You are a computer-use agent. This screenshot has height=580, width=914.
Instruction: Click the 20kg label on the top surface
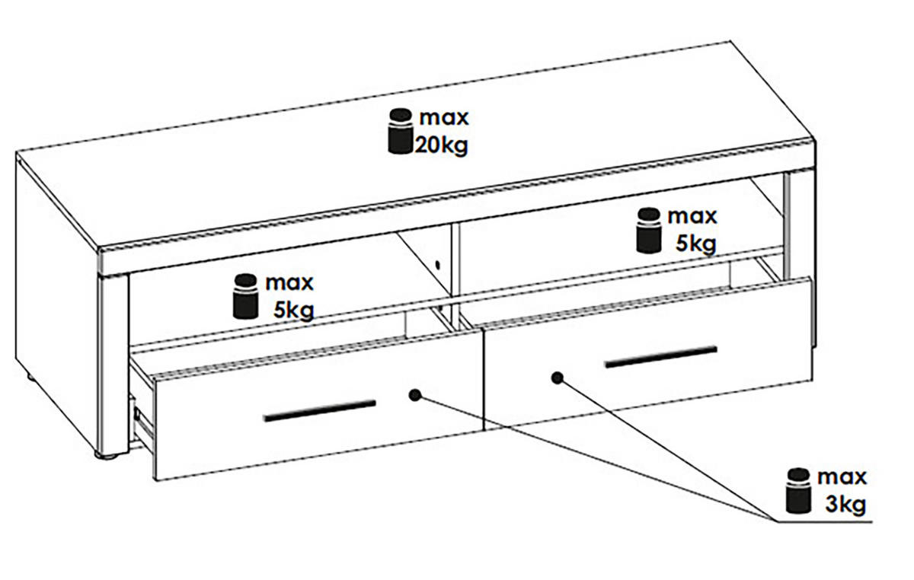(x=442, y=145)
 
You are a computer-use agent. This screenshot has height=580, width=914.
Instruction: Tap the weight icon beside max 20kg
(x=401, y=132)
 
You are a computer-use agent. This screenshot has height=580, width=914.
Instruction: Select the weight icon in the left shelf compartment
(x=245, y=296)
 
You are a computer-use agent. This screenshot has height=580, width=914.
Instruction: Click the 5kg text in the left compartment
(x=294, y=311)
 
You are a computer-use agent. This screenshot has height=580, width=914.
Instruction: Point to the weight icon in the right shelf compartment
(x=649, y=231)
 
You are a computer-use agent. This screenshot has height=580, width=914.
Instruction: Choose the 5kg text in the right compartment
(x=696, y=244)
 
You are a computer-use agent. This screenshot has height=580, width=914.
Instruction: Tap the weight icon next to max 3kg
(x=798, y=491)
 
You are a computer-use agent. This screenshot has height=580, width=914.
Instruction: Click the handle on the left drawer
(x=320, y=410)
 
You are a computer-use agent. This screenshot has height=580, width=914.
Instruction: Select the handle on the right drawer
(x=661, y=357)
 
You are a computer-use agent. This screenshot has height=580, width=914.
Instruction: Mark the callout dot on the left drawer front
(x=415, y=395)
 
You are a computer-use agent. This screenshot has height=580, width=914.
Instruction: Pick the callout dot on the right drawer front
(x=558, y=378)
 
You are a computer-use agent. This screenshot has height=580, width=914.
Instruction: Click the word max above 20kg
(x=444, y=118)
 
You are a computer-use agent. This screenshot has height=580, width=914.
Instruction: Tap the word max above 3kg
(x=842, y=477)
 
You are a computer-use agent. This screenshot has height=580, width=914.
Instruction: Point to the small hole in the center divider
(x=438, y=265)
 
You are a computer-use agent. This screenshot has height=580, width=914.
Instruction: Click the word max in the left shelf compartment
(x=289, y=283)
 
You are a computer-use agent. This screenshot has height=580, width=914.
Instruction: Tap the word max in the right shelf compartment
(x=692, y=216)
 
